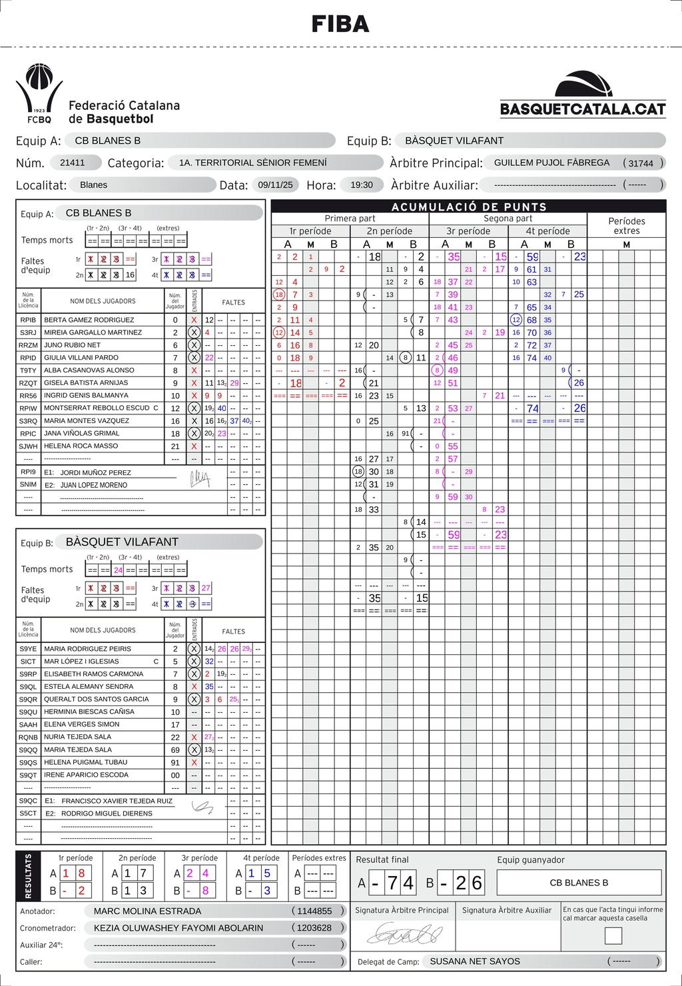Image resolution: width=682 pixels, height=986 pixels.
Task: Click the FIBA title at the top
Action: (340, 25)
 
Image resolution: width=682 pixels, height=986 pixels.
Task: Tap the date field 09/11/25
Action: (275, 185)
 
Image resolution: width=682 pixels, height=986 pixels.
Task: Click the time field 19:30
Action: (362, 185)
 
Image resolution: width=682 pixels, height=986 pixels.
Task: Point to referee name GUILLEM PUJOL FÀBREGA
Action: (551, 163)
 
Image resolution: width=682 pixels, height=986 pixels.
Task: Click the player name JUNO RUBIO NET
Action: (73, 345)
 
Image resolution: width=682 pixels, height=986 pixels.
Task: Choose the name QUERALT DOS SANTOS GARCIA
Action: (97, 699)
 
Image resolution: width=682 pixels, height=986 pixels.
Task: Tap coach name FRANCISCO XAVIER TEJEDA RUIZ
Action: (117, 801)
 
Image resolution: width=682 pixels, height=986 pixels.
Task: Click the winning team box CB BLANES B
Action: (579, 883)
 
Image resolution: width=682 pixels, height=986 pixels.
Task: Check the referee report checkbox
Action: (613, 935)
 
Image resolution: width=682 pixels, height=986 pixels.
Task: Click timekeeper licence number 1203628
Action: (314, 927)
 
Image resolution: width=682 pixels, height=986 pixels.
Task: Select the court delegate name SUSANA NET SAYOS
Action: (475, 961)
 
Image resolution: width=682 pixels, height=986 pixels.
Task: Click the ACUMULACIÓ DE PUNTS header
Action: (469, 207)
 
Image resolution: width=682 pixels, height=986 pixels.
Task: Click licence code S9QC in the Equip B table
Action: (29, 801)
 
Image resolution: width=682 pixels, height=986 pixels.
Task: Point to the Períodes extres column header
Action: (626, 226)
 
